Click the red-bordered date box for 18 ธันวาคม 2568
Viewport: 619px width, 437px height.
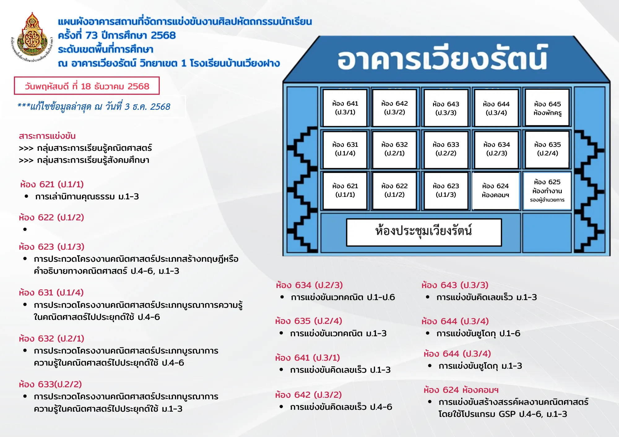click(87, 86)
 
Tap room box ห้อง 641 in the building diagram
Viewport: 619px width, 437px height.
click(345, 108)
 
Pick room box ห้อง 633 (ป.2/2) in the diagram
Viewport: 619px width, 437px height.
click(446, 149)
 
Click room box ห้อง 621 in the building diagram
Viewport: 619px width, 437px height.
click(345, 190)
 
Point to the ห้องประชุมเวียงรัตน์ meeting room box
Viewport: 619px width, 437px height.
click(424, 232)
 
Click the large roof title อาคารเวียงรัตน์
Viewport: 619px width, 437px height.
click(443, 59)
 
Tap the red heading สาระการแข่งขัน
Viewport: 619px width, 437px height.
click(47, 136)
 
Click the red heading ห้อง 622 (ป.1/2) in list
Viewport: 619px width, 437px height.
click(51, 217)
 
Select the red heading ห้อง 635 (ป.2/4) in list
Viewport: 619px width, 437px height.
click(309, 321)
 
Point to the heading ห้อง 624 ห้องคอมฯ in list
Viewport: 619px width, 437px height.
click(461, 390)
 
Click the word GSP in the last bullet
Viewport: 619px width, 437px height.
click(507, 414)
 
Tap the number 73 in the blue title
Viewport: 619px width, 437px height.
click(92, 35)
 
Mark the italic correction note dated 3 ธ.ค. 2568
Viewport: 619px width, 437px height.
click(94, 107)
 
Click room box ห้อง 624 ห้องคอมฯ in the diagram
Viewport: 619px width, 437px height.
click(496, 190)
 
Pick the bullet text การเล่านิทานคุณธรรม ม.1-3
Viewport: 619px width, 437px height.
click(87, 197)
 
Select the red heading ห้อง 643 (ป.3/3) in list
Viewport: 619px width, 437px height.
click(455, 285)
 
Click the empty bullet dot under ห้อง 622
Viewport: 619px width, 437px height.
click(25, 229)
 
